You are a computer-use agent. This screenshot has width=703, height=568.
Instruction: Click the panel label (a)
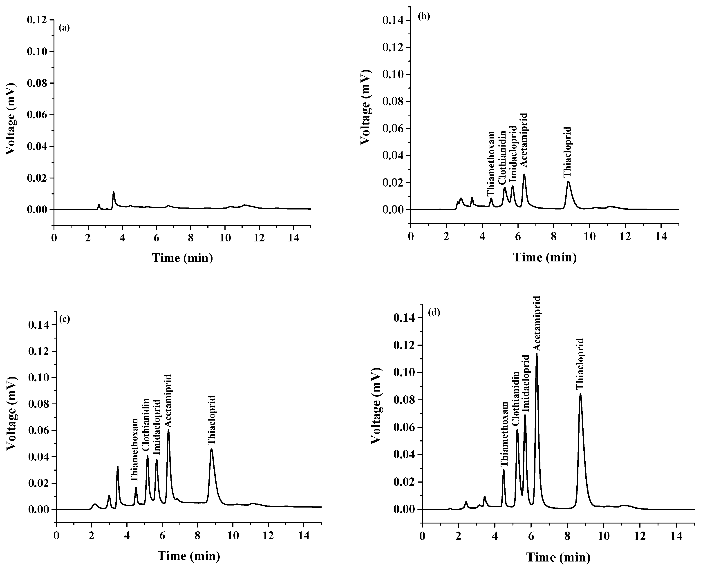(x=64, y=28)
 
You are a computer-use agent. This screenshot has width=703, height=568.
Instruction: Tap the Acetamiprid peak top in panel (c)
(x=168, y=430)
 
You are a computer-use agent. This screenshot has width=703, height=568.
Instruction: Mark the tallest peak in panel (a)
(x=114, y=192)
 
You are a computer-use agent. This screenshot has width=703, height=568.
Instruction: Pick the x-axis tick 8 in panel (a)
(x=191, y=238)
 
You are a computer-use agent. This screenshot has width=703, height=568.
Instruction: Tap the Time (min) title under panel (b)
(x=545, y=258)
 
